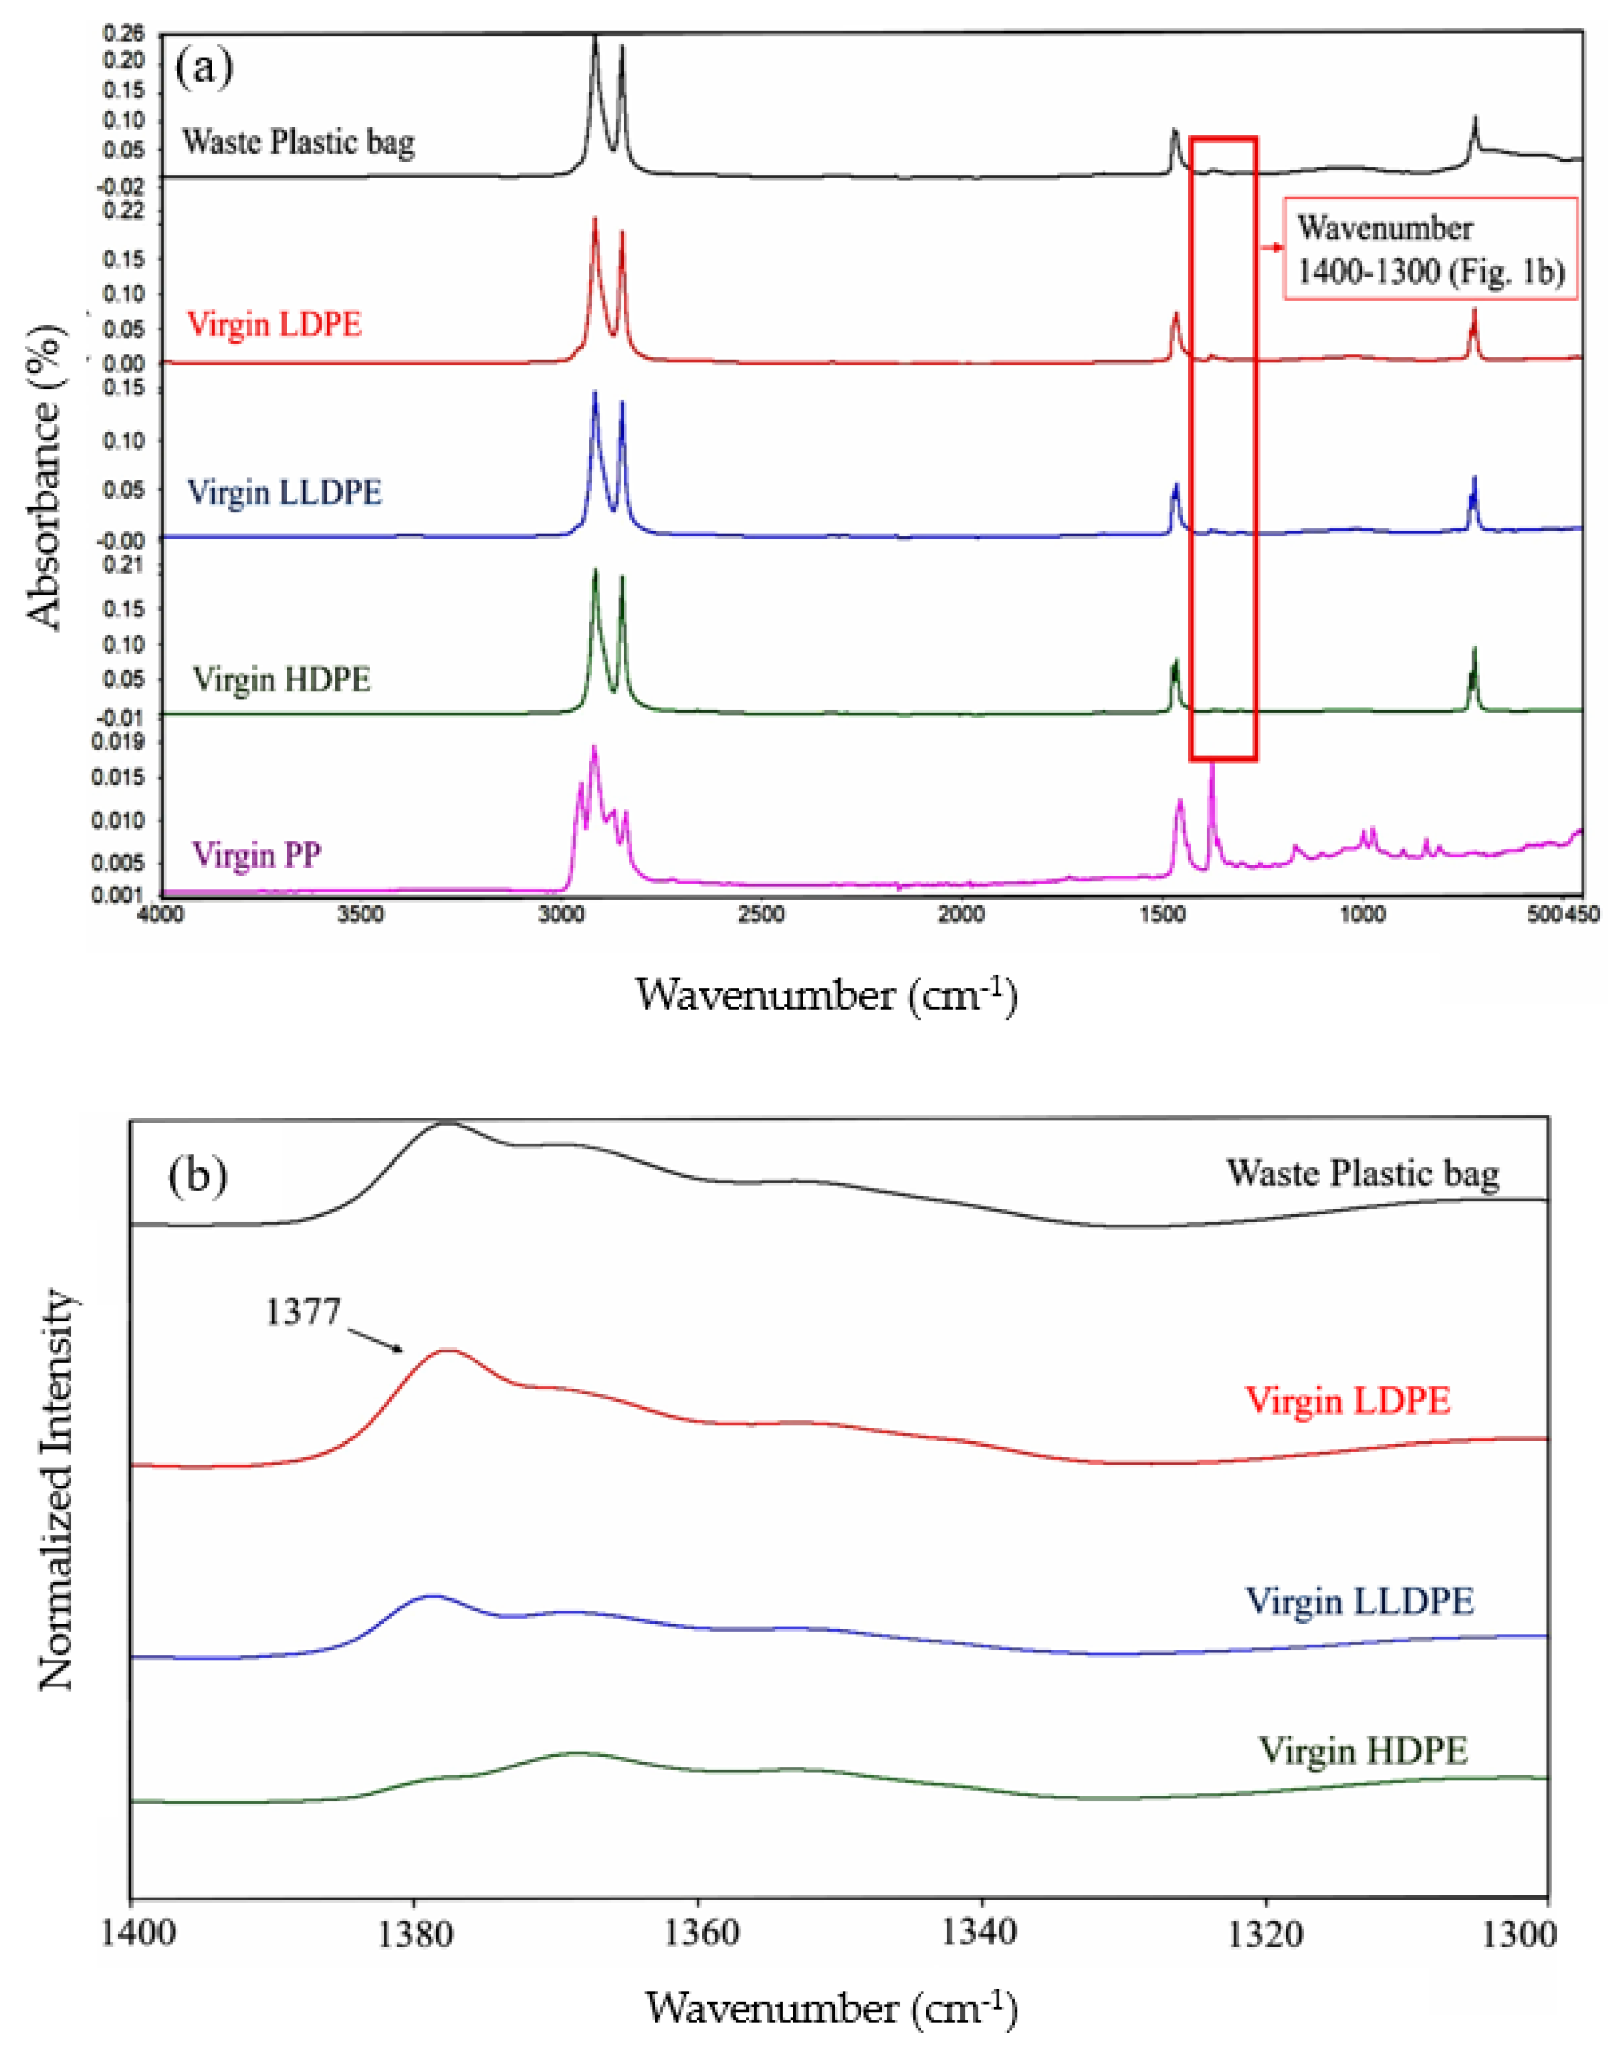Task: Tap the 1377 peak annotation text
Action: click(x=302, y=1313)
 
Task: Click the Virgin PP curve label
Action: click(x=256, y=855)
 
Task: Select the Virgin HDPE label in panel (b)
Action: click(x=1362, y=1751)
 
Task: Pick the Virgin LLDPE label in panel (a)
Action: click(x=284, y=493)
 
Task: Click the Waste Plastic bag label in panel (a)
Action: click(x=298, y=143)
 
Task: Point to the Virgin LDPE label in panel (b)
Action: click(x=1347, y=1401)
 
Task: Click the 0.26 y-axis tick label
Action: click(x=124, y=35)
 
